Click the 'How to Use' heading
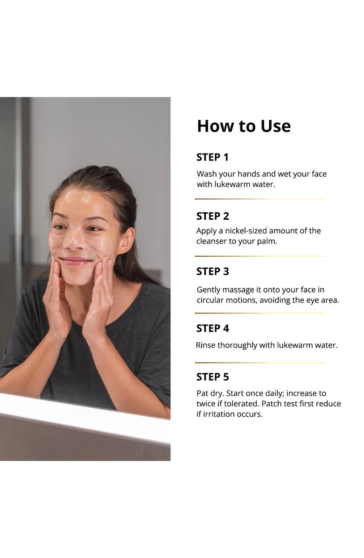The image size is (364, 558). pos(244,126)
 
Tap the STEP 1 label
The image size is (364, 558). pos(212,158)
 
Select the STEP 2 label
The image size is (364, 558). pos(212,216)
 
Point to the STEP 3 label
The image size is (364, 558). pos(212,272)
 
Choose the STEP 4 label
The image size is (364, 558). pos(212,328)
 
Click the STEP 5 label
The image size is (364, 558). pos(212,377)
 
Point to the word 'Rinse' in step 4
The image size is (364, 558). pos(206,346)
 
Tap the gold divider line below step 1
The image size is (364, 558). pos(259,199)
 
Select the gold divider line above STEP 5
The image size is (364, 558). pos(259,363)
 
